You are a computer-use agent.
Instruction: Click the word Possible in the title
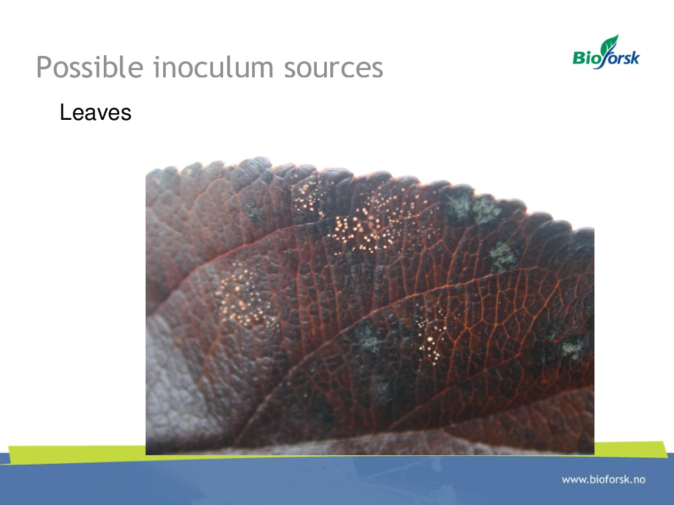click(90, 67)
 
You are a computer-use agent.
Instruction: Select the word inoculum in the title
click(214, 67)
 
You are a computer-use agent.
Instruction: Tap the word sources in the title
click(333, 69)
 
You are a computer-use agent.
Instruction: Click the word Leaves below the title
click(96, 112)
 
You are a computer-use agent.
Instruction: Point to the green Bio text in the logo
click(587, 57)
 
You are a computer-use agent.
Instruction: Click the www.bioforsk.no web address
click(603, 479)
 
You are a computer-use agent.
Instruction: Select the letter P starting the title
click(43, 68)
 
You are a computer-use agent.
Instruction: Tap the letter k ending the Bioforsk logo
click(635, 57)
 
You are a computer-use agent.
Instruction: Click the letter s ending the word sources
click(377, 70)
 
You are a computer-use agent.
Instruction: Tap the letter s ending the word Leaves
click(126, 115)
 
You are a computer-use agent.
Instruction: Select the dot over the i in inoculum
click(156, 57)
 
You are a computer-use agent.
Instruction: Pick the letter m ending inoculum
click(260, 70)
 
